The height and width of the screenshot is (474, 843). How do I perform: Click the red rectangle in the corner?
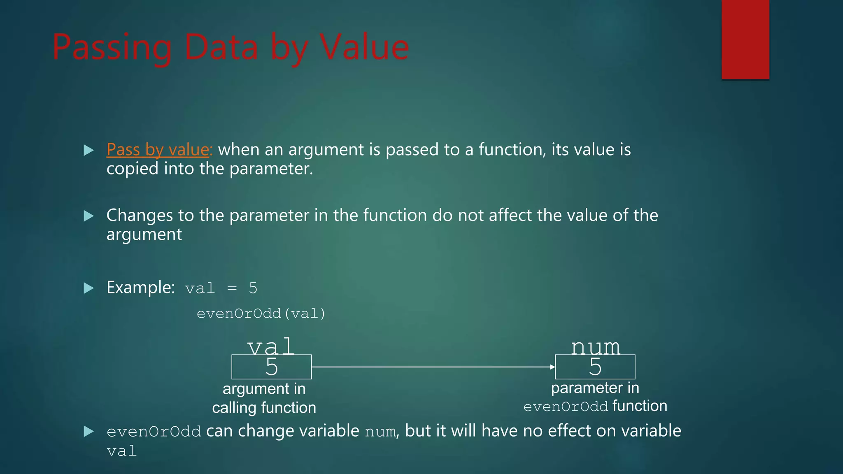click(x=745, y=39)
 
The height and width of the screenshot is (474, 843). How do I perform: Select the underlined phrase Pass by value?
click(x=158, y=149)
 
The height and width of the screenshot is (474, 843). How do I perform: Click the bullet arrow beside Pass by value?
click(x=88, y=150)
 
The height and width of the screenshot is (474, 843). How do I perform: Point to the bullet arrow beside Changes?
click(x=88, y=216)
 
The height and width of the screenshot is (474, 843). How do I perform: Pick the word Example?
click(x=140, y=287)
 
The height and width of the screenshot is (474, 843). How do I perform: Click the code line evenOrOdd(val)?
click(x=261, y=314)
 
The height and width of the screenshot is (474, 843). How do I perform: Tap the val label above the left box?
click(x=271, y=346)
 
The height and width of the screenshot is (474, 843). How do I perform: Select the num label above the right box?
click(x=595, y=346)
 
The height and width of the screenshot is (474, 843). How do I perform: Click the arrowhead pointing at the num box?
click(x=552, y=367)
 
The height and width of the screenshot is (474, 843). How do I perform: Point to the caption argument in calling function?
click(x=264, y=398)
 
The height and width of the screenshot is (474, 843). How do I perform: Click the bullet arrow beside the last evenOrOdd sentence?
click(x=88, y=432)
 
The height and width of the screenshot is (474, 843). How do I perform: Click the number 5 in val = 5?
click(x=253, y=288)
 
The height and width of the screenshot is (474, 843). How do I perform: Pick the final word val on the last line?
click(x=121, y=451)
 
